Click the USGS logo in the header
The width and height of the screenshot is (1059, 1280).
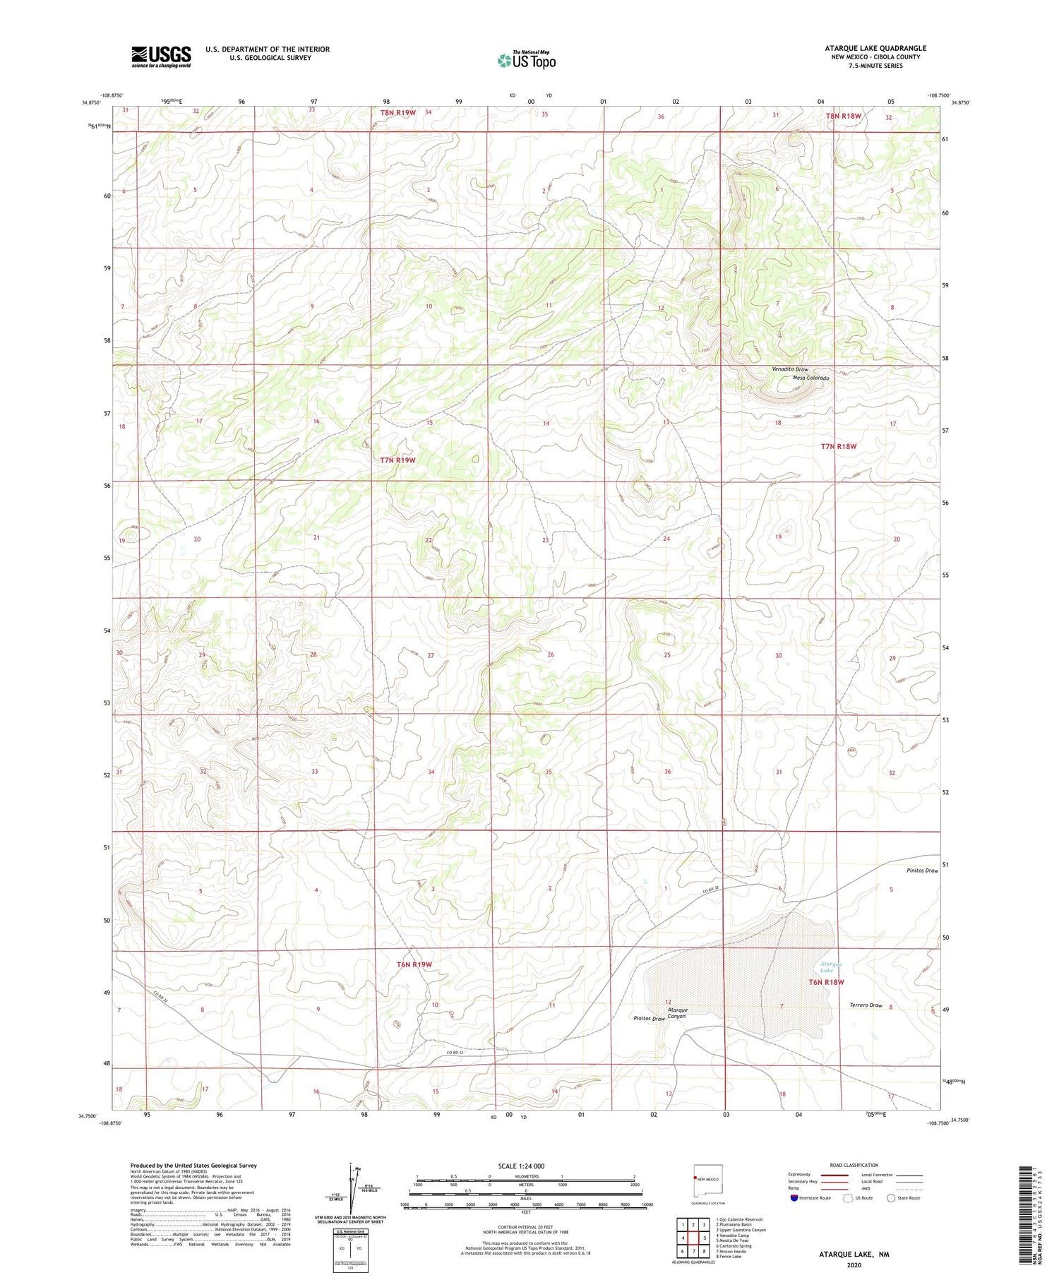[x=161, y=56]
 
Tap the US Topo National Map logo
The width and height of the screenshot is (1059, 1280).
[x=526, y=61]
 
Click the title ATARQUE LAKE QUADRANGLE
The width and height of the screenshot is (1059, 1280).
[x=875, y=48]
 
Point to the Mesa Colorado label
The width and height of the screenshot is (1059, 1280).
[x=810, y=378]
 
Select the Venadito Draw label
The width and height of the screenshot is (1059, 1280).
[x=789, y=369]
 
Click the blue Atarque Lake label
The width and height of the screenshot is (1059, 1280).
[x=830, y=967]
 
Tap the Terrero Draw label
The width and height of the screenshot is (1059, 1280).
[x=866, y=1005]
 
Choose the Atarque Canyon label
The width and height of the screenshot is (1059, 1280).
[x=677, y=1012]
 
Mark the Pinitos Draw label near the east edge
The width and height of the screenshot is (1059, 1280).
[x=922, y=871]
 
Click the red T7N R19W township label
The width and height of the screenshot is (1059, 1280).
[x=397, y=460]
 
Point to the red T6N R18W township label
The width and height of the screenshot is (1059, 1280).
[x=826, y=982]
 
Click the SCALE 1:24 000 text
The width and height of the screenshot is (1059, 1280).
[x=521, y=1166]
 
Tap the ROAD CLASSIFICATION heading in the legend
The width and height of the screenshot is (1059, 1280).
[x=854, y=1165]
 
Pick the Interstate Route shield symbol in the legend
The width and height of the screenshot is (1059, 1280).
[x=794, y=1197]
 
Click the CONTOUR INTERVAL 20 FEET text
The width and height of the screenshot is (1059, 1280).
[x=525, y=1227]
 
